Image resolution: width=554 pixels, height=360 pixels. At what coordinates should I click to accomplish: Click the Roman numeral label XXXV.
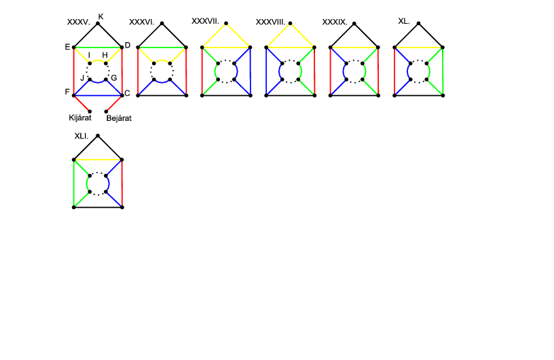pyautogui.click(x=79, y=22)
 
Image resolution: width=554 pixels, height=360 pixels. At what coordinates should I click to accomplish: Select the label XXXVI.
pyautogui.click(x=142, y=22)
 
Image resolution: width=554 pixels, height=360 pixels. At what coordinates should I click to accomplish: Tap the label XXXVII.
pyautogui.click(x=204, y=21)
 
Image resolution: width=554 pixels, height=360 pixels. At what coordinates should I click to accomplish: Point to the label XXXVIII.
pyautogui.click(x=270, y=22)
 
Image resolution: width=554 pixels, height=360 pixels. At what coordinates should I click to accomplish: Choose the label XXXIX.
pyautogui.click(x=334, y=22)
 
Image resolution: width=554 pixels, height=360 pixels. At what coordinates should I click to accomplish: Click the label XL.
pyautogui.click(x=403, y=21)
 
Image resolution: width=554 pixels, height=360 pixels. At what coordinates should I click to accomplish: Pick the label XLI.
pyautogui.click(x=81, y=136)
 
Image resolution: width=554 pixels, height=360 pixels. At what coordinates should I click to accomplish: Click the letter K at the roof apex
pyautogui.click(x=100, y=16)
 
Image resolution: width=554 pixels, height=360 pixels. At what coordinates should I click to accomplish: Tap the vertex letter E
pyautogui.click(x=68, y=47)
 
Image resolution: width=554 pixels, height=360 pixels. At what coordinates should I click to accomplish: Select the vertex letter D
pyautogui.click(x=127, y=46)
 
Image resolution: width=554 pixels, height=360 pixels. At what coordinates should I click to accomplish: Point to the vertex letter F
pyautogui.click(x=68, y=91)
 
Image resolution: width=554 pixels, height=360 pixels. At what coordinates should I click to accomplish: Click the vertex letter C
pyautogui.click(x=128, y=93)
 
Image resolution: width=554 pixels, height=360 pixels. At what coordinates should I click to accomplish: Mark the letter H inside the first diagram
pyautogui.click(x=105, y=55)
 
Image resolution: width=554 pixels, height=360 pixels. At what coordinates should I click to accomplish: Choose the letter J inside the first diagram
pyautogui.click(x=82, y=78)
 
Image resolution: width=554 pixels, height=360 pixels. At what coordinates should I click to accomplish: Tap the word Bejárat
pyautogui.click(x=118, y=118)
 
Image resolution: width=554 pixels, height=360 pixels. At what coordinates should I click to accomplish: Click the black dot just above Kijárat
pyautogui.click(x=90, y=111)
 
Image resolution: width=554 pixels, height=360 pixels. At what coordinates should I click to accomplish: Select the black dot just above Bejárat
pyautogui.click(x=107, y=111)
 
